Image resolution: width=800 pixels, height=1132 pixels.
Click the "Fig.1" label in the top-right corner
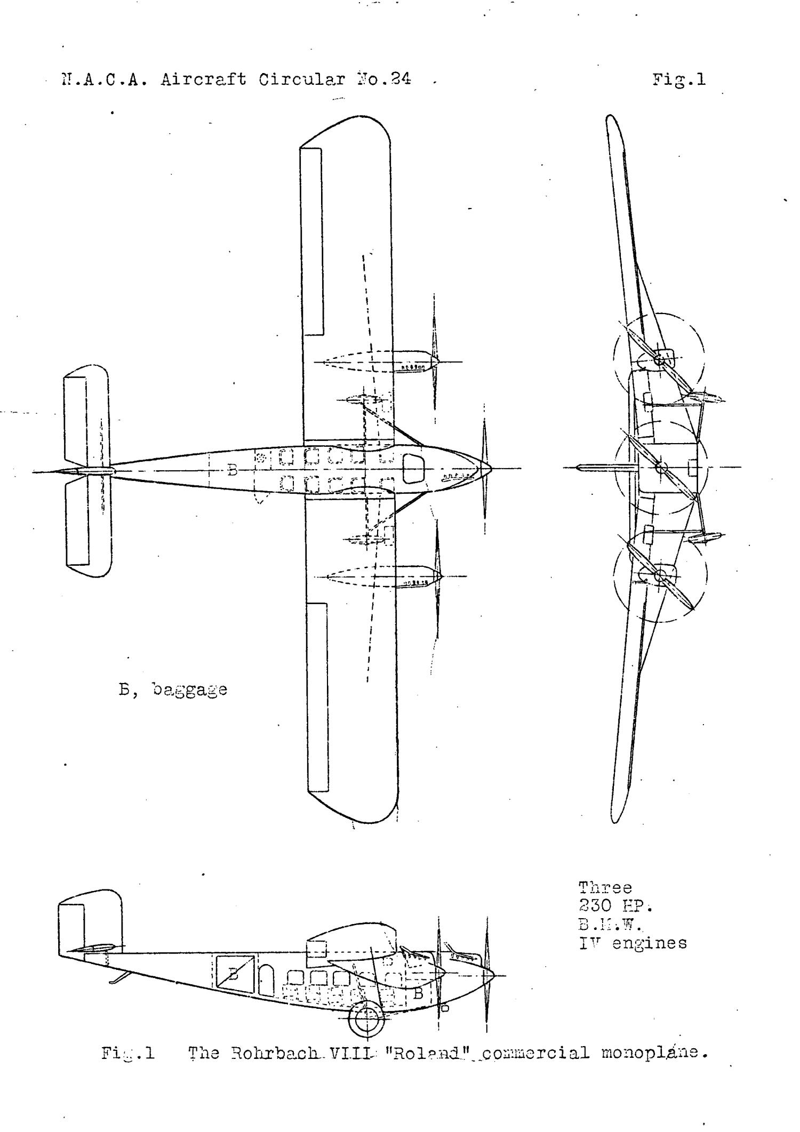point(678,80)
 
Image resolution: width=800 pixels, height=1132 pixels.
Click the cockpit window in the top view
point(414,468)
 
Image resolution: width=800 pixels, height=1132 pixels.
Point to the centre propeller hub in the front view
point(661,468)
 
